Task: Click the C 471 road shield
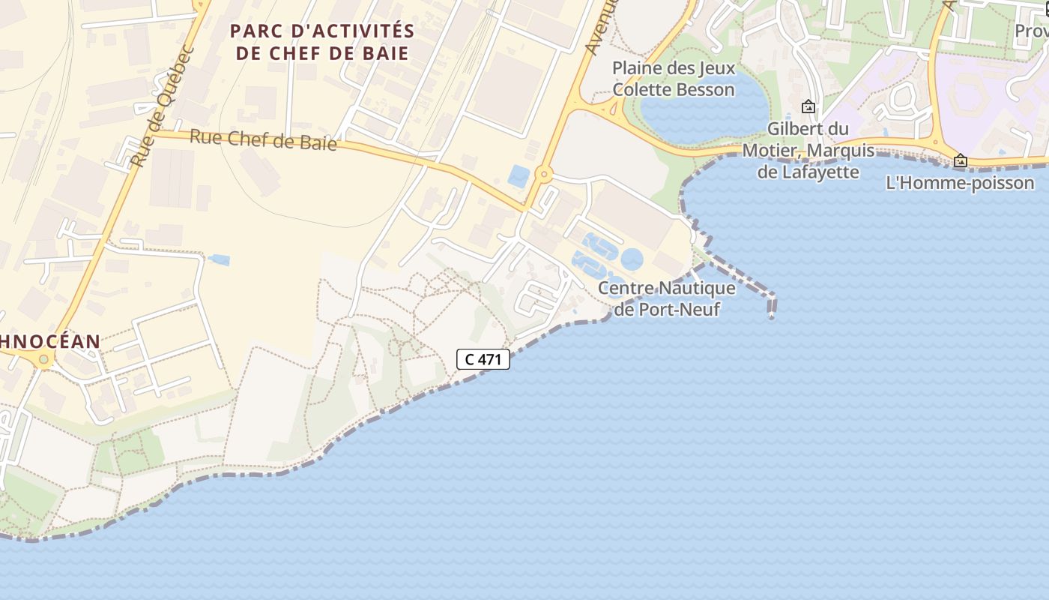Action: [483, 359]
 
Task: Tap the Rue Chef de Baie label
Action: [263, 139]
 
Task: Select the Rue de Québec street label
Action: [162, 108]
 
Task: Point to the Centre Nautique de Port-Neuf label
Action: [666, 298]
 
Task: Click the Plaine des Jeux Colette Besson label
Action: [673, 79]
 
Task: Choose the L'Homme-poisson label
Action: [960, 182]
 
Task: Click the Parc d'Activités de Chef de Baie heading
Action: [322, 42]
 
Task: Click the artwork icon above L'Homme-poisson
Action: [960, 160]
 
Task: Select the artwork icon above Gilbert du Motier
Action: [808, 106]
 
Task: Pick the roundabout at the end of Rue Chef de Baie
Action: [543, 175]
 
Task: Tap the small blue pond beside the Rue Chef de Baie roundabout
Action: [519, 176]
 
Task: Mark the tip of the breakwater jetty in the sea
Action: [771, 316]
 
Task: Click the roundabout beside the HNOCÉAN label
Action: [43, 360]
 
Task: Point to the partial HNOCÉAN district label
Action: [49, 341]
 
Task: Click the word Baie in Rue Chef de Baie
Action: [318, 143]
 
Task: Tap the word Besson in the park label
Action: [704, 89]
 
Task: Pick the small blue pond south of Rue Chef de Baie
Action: [219, 259]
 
